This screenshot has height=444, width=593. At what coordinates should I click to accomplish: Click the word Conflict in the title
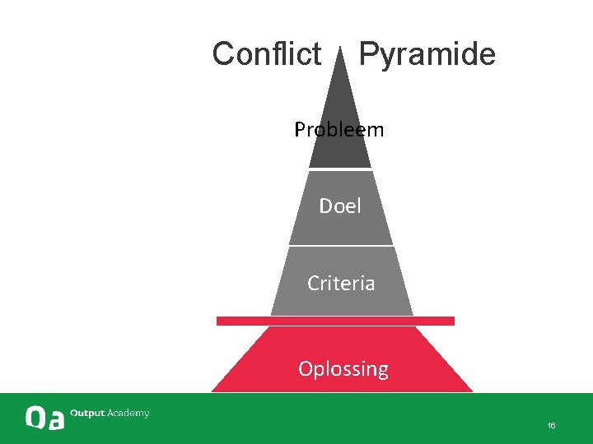coord(266,54)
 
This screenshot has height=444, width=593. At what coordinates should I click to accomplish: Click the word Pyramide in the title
coord(427,54)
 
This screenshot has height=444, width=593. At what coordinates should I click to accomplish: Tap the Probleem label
coord(339,130)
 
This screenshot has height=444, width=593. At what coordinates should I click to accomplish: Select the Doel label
coord(340,206)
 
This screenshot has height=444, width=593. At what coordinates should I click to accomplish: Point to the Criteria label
coord(341,284)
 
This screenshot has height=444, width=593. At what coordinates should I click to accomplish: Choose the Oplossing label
coord(343,368)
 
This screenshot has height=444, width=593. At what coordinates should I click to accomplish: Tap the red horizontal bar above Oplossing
coord(335,321)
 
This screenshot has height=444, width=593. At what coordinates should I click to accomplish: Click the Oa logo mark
coord(44,418)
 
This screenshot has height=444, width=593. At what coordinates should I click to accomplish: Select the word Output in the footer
coord(87,413)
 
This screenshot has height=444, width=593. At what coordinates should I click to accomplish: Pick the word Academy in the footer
coord(128,413)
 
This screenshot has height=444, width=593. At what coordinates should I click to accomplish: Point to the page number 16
coord(551,425)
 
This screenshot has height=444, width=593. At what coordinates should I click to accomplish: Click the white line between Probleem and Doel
coord(340,170)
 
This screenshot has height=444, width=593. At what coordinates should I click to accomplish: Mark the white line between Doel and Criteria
coord(341,246)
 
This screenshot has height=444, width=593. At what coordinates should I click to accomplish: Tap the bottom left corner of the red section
coord(213,391)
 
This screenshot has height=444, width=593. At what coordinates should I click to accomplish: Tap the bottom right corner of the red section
coord(472,391)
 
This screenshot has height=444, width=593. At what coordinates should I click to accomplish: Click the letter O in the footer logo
coord(35,418)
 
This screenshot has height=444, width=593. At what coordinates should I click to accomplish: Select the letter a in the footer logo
coord(54,419)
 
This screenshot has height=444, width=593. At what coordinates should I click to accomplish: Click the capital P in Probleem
coord(300,130)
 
